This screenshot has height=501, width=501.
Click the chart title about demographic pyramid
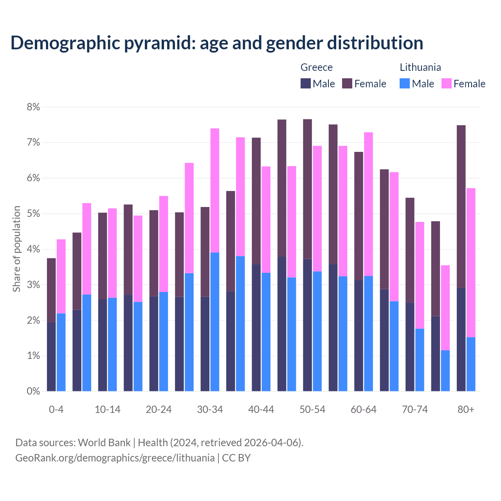217,43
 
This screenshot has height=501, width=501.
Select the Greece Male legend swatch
306,83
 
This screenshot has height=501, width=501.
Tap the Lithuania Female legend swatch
446,83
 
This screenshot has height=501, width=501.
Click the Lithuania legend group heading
420,67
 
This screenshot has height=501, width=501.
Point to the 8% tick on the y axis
33,107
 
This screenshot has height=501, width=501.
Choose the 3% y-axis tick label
33,285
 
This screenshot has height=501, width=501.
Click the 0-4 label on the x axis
56,409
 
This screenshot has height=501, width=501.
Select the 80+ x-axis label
466,409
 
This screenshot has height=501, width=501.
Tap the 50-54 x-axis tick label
312,409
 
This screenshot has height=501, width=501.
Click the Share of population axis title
16,249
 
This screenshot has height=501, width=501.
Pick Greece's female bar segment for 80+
461,207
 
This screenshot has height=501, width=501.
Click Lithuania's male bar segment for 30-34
215,322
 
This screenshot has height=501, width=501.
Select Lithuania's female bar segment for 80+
471,263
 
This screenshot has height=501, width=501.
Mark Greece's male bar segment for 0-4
51,357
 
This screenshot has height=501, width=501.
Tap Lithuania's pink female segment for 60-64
368,204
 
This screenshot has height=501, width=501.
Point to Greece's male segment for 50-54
307,325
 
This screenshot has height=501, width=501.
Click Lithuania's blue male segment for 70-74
420,360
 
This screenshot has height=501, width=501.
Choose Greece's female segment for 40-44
256,201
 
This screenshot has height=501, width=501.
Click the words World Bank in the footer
104,443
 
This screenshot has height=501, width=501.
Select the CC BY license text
236,458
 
